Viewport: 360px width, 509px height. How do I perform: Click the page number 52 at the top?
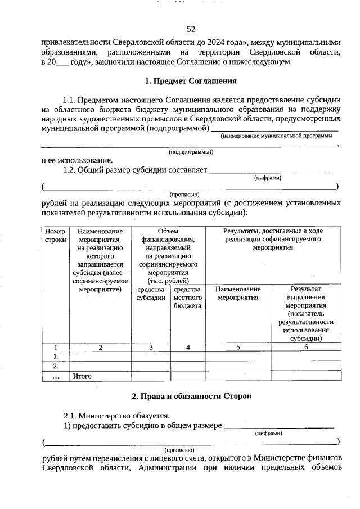[x=191, y=29]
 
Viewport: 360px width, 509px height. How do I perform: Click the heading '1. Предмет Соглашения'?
[x=191, y=81]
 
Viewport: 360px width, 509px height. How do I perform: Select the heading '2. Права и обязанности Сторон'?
[x=191, y=396]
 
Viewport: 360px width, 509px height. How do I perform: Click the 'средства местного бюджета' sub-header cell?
[x=188, y=298]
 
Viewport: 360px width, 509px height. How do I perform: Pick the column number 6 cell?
[x=306, y=348]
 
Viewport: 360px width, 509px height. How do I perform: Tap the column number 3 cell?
[x=151, y=348]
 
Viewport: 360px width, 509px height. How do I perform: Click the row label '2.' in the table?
[x=56, y=366]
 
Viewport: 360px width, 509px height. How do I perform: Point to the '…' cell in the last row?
[x=56, y=376]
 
